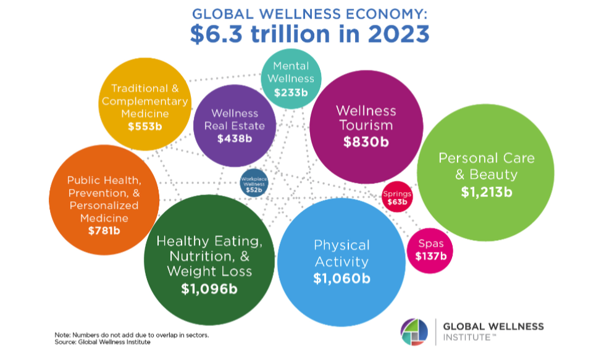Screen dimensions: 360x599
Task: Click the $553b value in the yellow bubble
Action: pyautogui.click(x=145, y=127)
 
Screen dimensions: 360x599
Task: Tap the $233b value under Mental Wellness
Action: pyautogui.click(x=291, y=93)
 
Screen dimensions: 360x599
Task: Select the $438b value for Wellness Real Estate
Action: pyautogui.click(x=235, y=138)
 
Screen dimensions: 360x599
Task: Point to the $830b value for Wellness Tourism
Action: pyautogui.click(x=366, y=141)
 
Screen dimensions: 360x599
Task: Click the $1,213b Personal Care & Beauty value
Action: pyautogui.click(x=487, y=191)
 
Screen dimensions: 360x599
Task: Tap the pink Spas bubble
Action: pyautogui.click(x=430, y=249)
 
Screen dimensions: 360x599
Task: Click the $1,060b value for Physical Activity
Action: pyautogui.click(x=341, y=278)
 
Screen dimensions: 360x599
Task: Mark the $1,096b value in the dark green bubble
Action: pyautogui.click(x=209, y=288)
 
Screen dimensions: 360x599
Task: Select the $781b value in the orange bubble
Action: pyautogui.click(x=103, y=231)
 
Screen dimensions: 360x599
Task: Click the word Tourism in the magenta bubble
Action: pyautogui.click(x=366, y=125)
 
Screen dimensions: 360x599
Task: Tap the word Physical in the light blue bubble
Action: pyautogui.click(x=341, y=245)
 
